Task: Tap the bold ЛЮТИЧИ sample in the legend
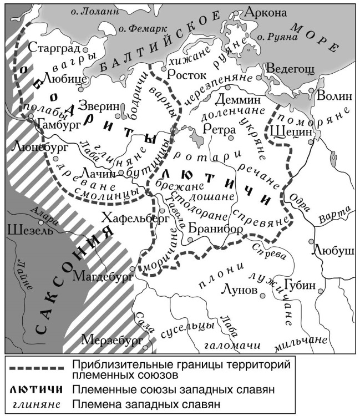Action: click(x=37, y=389)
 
